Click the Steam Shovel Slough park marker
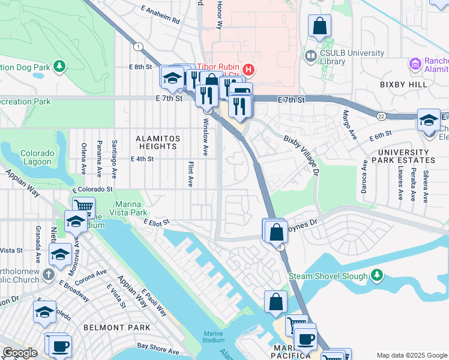pos(376,275)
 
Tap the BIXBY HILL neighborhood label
pos(403,85)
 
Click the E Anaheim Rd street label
pos(160,16)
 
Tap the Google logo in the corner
pos(19,353)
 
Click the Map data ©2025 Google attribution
pos(412,356)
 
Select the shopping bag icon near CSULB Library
pos(320,26)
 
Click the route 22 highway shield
pos(382,115)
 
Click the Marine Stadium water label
pos(213,337)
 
